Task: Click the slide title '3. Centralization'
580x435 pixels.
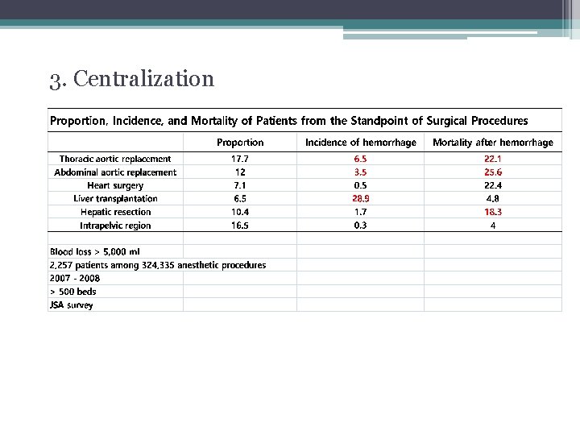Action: pyautogui.click(x=131, y=79)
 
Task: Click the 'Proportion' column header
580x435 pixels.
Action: pyautogui.click(x=240, y=143)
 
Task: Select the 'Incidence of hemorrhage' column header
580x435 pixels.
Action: pyautogui.click(x=361, y=143)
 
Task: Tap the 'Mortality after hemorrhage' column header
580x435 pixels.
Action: pyautogui.click(x=493, y=143)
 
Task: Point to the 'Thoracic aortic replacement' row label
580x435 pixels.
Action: pyautogui.click(x=115, y=159)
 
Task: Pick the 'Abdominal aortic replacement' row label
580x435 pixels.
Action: pyautogui.click(x=115, y=172)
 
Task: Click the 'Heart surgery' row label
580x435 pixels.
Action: pyautogui.click(x=115, y=185)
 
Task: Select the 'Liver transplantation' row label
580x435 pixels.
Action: pyautogui.click(x=115, y=198)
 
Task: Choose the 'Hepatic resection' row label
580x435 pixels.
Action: pyautogui.click(x=115, y=212)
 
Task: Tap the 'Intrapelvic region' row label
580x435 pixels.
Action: pyautogui.click(x=115, y=226)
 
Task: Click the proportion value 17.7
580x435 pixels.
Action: pyautogui.click(x=240, y=159)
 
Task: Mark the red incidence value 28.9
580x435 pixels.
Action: pyautogui.click(x=361, y=198)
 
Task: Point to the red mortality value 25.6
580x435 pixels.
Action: pyautogui.click(x=493, y=172)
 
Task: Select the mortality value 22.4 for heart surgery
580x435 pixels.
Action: pyautogui.click(x=493, y=185)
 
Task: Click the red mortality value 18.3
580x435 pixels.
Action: pyautogui.click(x=493, y=212)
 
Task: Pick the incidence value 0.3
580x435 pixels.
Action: pyautogui.click(x=361, y=226)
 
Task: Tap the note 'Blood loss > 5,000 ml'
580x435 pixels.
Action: pyautogui.click(x=94, y=251)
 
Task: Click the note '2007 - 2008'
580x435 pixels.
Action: pyautogui.click(x=75, y=278)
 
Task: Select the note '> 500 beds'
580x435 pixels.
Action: pyautogui.click(x=73, y=292)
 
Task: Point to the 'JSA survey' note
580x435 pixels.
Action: pyautogui.click(x=72, y=305)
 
